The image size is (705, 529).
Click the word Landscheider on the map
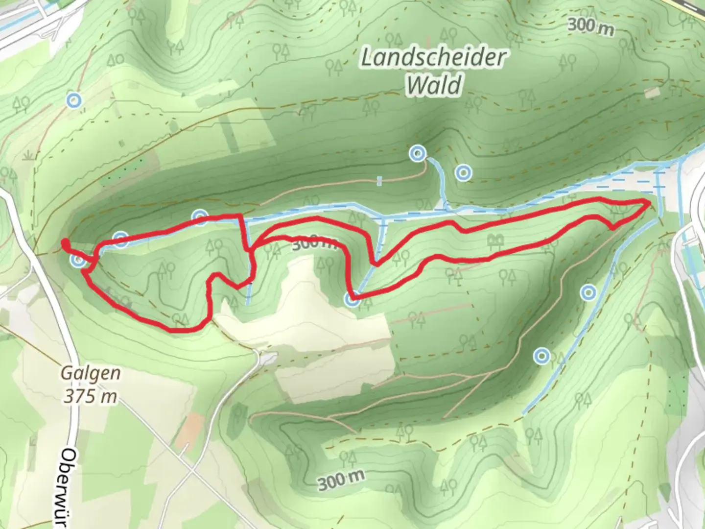(x=433, y=58)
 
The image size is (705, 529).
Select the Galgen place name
(x=91, y=373)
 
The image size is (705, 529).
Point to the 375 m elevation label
(x=91, y=396)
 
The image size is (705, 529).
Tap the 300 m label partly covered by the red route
(x=313, y=243)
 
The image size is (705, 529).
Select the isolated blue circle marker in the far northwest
(x=73, y=101)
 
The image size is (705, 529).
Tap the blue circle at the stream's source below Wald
(x=417, y=154)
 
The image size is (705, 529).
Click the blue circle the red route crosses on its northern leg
(x=200, y=216)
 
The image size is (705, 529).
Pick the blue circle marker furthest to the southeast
(x=541, y=356)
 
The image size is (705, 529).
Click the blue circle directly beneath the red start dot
(x=77, y=261)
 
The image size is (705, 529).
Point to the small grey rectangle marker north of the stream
(x=379, y=181)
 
